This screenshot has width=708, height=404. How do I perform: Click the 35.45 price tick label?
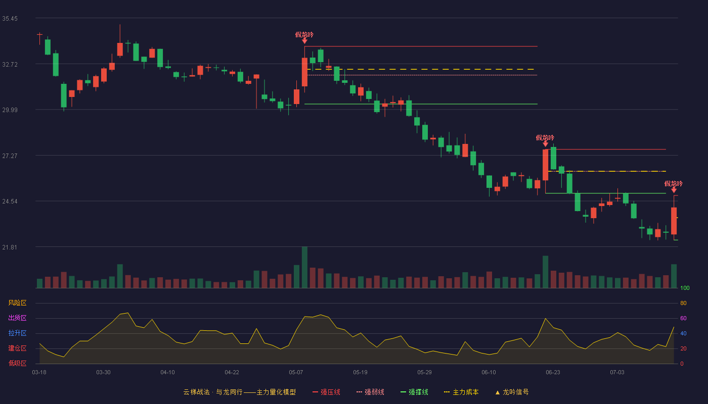pyautogui.click(x=10, y=19)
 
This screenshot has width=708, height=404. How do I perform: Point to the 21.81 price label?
pyautogui.click(x=10, y=247)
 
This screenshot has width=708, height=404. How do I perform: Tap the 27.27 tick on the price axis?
pyautogui.click(x=10, y=156)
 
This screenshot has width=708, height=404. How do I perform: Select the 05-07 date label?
pyautogui.click(x=296, y=373)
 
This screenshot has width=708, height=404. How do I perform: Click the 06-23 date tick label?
pyautogui.click(x=553, y=373)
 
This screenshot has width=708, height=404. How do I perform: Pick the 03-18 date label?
pyautogui.click(x=39, y=373)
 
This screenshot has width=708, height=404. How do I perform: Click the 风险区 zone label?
pyautogui.click(x=17, y=303)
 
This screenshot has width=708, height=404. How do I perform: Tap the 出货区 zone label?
pyautogui.click(x=17, y=318)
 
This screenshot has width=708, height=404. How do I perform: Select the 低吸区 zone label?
pyautogui.click(x=17, y=363)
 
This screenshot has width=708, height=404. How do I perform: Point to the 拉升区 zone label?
pyautogui.click(x=17, y=333)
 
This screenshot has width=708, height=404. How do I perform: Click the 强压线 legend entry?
pyautogui.click(x=326, y=392)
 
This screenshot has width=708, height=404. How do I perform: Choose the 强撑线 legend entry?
pyautogui.click(x=414, y=392)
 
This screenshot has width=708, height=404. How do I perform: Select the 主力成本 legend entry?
pyautogui.click(x=461, y=392)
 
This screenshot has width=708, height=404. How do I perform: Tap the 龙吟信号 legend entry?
pyautogui.click(x=512, y=392)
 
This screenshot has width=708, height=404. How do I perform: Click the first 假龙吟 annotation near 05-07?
pyautogui.click(x=304, y=35)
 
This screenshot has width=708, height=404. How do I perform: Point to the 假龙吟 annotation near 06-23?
pyautogui.click(x=545, y=137)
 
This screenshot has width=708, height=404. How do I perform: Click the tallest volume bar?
pyautogui.click(x=304, y=267)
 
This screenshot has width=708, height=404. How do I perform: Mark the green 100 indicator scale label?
pyautogui.click(x=685, y=288)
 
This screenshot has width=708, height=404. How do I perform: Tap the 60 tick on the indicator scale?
pyautogui.click(x=683, y=318)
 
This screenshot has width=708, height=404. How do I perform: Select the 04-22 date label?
pyautogui.click(x=232, y=373)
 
